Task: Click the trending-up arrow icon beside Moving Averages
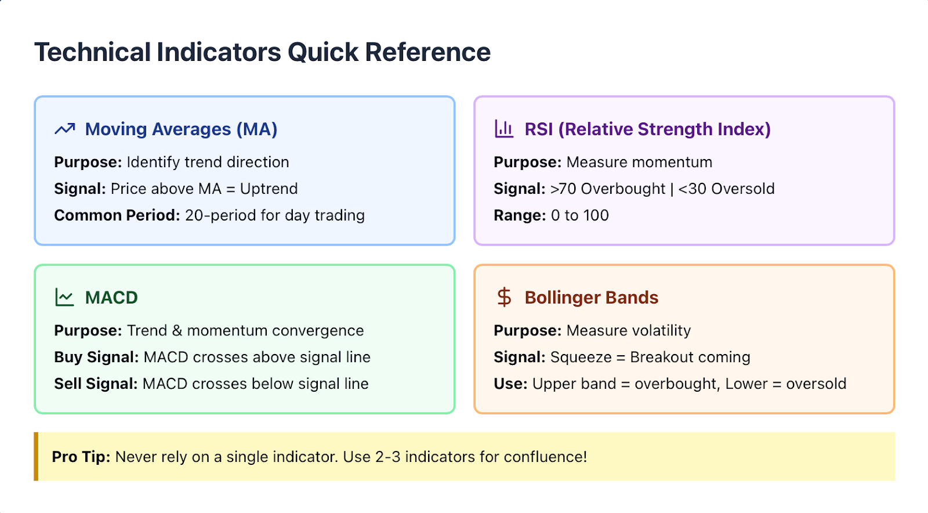tap(64, 129)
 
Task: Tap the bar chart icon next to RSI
tap(504, 129)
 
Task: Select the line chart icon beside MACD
tap(64, 297)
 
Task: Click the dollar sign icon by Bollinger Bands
tap(504, 297)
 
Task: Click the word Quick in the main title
tap(322, 52)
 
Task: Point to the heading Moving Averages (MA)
tap(181, 129)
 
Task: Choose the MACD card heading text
tap(111, 298)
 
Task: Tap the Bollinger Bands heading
tap(591, 298)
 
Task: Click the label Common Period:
tap(117, 215)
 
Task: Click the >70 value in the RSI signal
tap(563, 189)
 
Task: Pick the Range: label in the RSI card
tap(520, 215)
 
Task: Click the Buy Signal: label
tap(96, 357)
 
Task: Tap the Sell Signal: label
tap(96, 384)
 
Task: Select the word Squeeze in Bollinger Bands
tap(581, 357)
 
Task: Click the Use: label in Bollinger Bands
tap(510, 384)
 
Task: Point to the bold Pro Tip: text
tap(81, 457)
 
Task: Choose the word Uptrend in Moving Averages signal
tap(269, 189)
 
